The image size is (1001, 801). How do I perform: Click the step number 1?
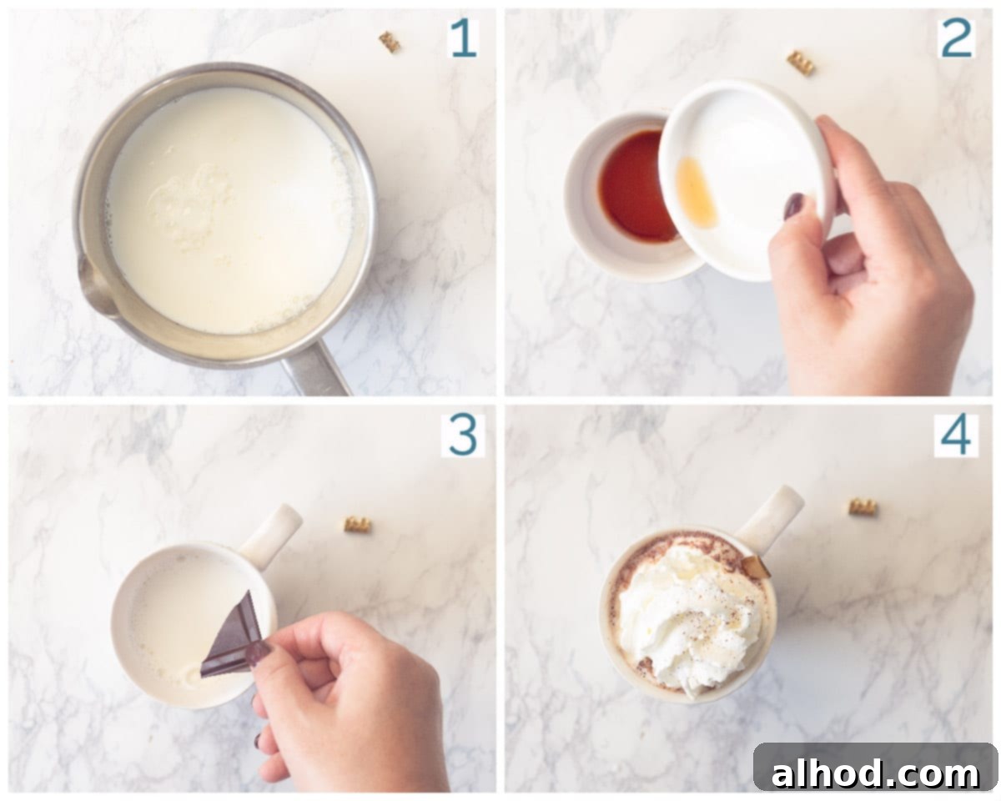click(x=463, y=39)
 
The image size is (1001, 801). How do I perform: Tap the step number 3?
click(x=463, y=435)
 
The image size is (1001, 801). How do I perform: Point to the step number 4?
click(x=956, y=435)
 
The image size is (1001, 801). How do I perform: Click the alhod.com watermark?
click(x=875, y=774)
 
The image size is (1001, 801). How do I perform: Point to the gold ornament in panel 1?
click(x=390, y=42)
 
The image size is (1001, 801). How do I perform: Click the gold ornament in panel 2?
click(x=801, y=63)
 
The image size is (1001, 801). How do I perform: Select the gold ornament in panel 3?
click(x=358, y=524)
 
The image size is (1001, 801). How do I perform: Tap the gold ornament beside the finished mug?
click(x=863, y=506)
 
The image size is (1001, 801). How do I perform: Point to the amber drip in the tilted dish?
click(x=696, y=193)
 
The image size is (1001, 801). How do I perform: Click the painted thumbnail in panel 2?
click(x=794, y=206)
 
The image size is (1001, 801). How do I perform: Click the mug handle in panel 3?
click(x=271, y=534)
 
